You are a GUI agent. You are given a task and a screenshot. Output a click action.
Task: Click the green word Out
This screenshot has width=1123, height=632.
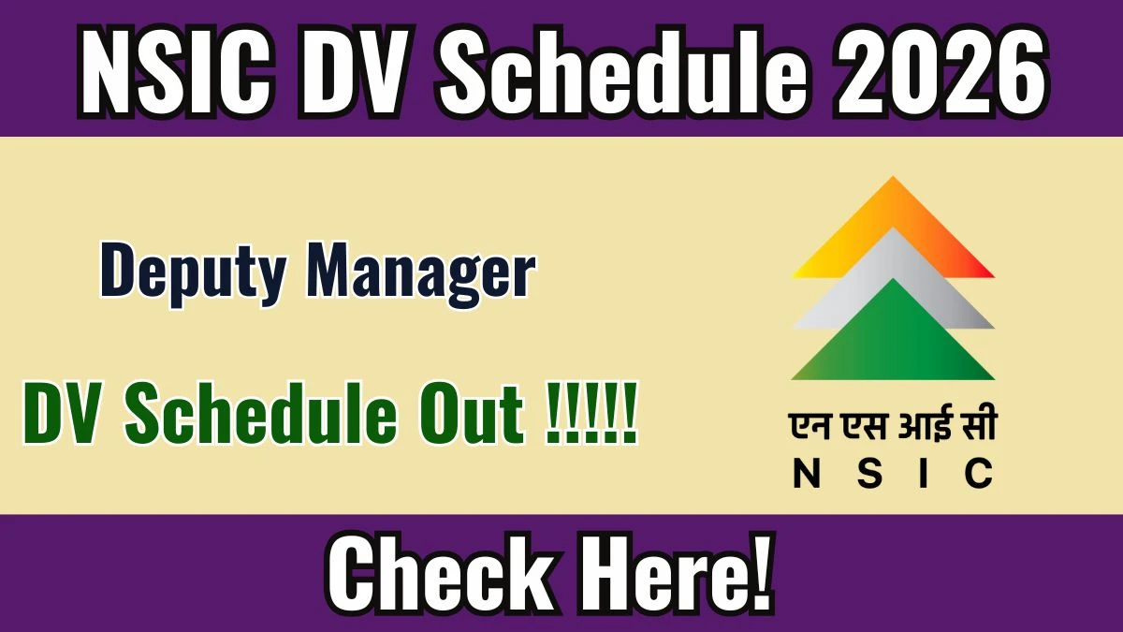[x=474, y=415]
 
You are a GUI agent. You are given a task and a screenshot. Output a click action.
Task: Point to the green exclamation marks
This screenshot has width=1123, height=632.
[x=591, y=413]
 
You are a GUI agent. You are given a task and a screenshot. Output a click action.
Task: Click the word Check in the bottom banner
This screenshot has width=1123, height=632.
[x=440, y=578]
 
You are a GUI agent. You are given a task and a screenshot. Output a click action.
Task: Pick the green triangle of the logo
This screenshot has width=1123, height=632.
[x=893, y=341]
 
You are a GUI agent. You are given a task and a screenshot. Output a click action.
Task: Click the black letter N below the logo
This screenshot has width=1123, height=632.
[x=806, y=474]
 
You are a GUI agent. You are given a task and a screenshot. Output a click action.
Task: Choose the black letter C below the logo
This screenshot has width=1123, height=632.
[x=979, y=474]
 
